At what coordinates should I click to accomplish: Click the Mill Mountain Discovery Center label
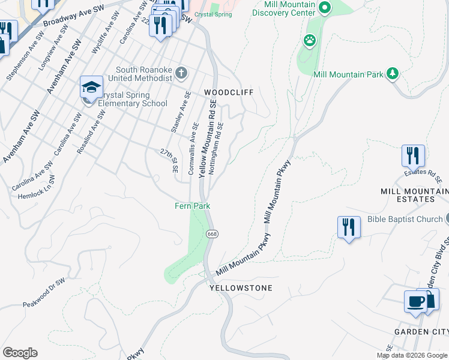[281, 8]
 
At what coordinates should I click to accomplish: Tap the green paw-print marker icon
[310, 41]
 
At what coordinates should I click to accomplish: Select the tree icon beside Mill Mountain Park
[393, 73]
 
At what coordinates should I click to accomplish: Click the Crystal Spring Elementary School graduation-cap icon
[91, 88]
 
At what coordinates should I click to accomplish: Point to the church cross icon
[182, 74]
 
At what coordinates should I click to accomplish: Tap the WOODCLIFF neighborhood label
[229, 92]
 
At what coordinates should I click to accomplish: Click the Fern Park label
[192, 206]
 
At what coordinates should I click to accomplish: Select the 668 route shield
[211, 233]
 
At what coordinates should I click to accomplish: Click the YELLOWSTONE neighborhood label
[241, 288]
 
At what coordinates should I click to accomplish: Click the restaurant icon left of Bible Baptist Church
[349, 227]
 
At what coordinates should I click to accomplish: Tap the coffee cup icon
[415, 301]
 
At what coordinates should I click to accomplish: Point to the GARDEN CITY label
[421, 332]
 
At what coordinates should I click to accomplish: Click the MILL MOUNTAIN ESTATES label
[414, 195]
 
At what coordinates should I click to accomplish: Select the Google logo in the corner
[20, 353]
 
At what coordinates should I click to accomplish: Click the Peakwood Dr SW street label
[43, 293]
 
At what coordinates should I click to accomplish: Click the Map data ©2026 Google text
[412, 355]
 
